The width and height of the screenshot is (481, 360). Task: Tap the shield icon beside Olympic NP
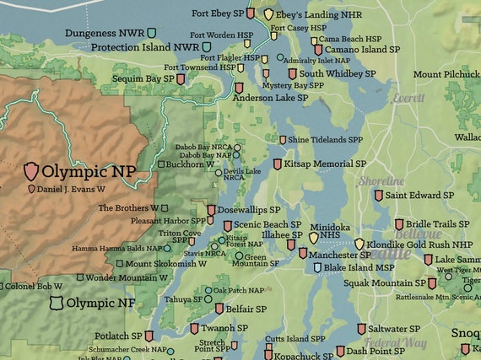[31, 172]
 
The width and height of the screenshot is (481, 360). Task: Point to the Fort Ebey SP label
[224, 14]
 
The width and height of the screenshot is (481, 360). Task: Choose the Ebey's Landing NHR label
[316, 13]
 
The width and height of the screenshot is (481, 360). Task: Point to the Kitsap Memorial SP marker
[278, 164]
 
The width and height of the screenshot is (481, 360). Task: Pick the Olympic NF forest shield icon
[57, 302]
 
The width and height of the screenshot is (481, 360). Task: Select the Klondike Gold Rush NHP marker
[359, 244]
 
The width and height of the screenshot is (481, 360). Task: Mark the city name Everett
[408, 98]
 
